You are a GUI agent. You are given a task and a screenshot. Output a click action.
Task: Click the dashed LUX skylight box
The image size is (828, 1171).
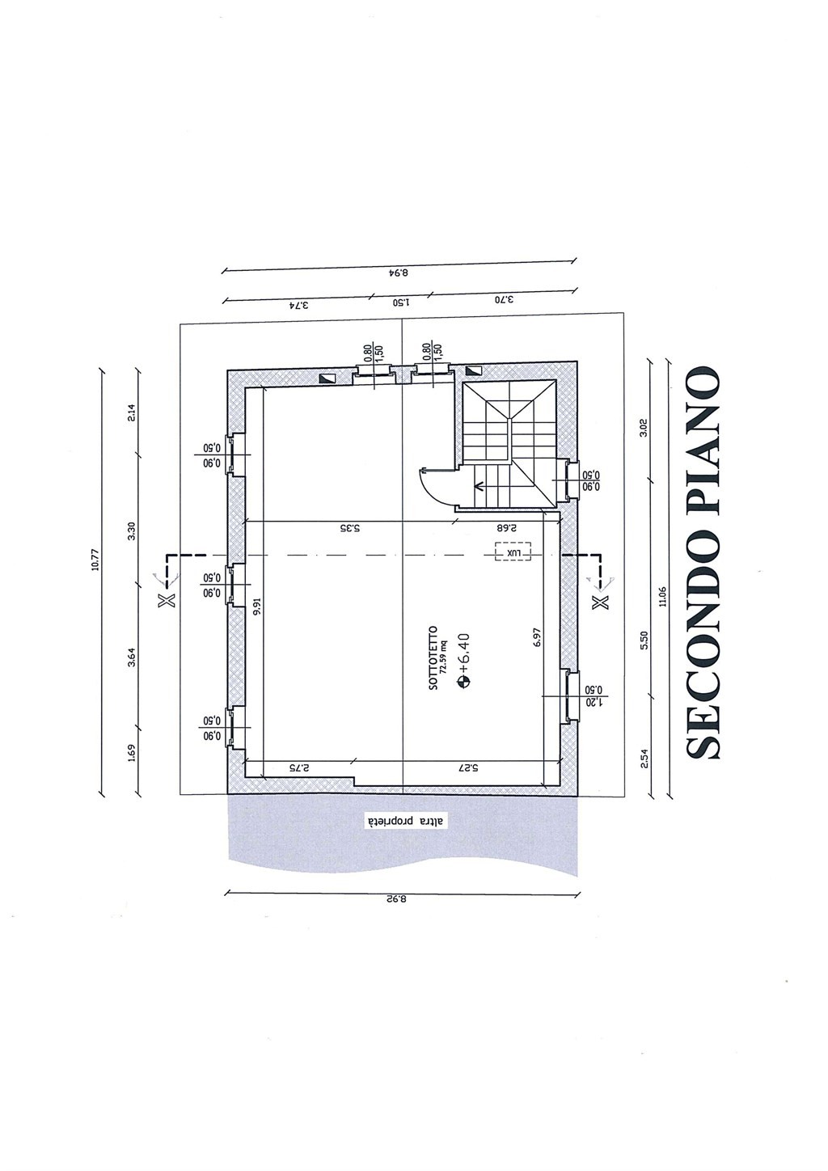point(513,551)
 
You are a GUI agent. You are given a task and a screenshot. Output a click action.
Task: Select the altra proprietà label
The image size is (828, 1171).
point(402,821)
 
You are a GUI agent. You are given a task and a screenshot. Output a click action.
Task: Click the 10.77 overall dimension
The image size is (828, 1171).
point(95,575)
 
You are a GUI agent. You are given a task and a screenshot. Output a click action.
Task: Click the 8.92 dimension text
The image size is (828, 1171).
point(397,900)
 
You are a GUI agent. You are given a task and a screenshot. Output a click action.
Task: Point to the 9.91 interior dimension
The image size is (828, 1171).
point(256,607)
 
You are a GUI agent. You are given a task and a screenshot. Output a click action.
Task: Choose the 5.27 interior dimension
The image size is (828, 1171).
point(468,768)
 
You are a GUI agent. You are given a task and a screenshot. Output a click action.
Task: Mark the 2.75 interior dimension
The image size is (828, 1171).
point(299,768)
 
